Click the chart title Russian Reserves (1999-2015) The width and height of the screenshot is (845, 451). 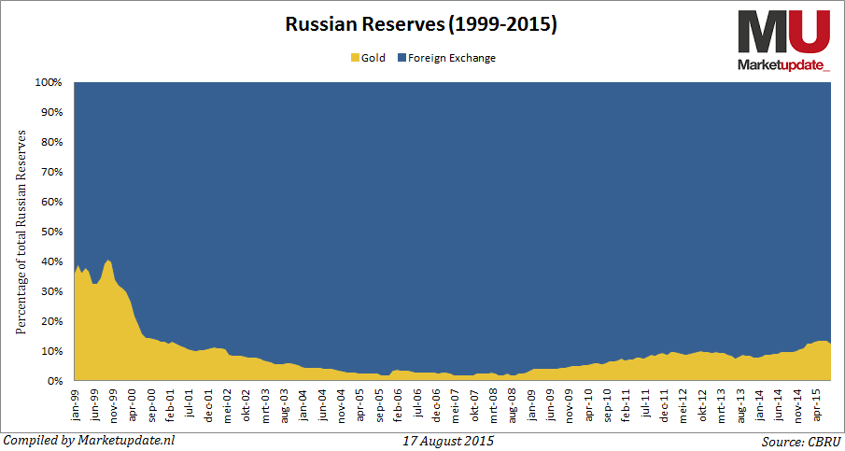click(x=421, y=24)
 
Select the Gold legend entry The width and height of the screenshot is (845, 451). click(x=367, y=58)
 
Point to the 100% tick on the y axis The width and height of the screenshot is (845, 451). click(x=49, y=82)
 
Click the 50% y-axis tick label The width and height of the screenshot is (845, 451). click(x=51, y=232)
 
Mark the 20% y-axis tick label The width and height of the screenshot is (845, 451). click(x=51, y=321)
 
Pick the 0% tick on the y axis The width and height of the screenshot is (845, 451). click(x=54, y=381)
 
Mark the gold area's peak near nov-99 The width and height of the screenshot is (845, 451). click(x=109, y=261)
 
